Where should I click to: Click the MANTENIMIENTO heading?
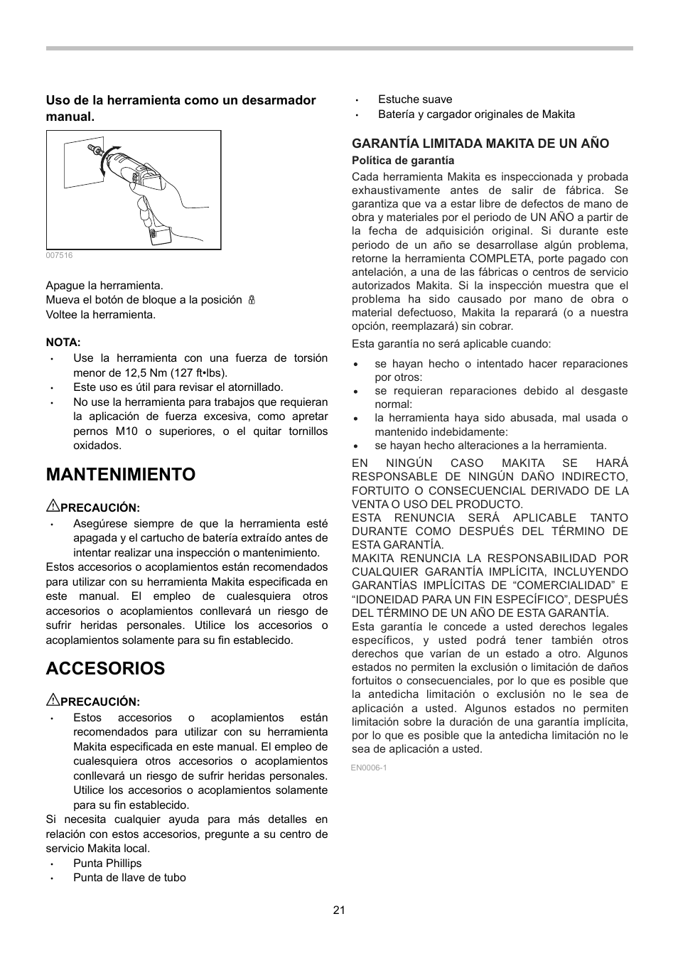tap(120, 475)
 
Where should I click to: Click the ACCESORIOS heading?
tap(105, 669)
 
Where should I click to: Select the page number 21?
tap(338, 910)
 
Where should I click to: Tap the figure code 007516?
tap(59, 255)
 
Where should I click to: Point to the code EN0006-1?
tap(368, 768)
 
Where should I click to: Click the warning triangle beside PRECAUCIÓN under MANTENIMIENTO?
tap(52, 507)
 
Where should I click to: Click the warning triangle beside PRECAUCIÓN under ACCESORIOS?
tap(52, 701)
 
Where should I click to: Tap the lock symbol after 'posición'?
tap(251, 300)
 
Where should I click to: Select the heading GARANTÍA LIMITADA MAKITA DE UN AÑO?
tap(480, 144)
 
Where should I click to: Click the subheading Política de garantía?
tap(402, 161)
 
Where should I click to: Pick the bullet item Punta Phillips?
tap(107, 864)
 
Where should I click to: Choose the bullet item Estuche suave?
tap(414, 99)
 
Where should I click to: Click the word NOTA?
tap(63, 342)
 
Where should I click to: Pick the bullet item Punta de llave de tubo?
tap(129, 878)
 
